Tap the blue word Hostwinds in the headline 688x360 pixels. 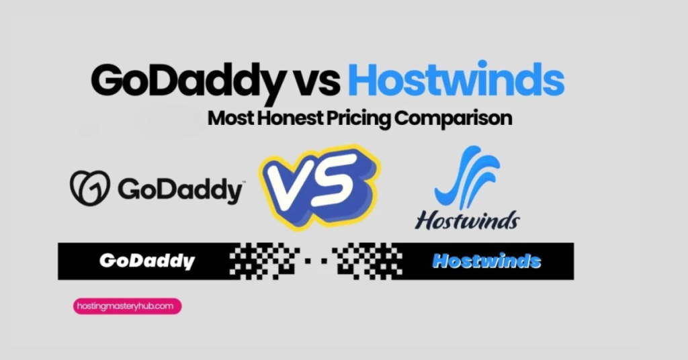[456, 81]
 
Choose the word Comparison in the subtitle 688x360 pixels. [454, 119]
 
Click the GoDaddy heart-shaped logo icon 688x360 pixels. [89, 187]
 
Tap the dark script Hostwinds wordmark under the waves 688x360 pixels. [466, 220]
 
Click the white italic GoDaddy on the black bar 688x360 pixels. [146, 261]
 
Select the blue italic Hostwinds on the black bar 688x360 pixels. [486, 261]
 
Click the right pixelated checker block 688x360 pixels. [363, 261]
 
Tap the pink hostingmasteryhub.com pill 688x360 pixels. [127, 306]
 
